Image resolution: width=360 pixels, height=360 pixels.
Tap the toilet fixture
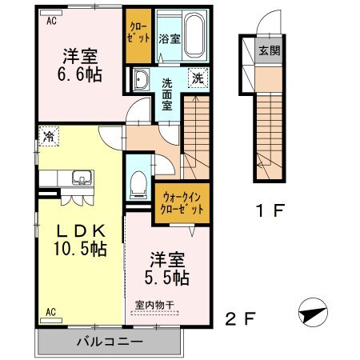tap(138, 185)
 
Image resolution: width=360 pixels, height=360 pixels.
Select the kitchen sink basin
tap(82, 178)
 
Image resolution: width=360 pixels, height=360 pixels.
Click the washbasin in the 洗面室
tap(141, 79)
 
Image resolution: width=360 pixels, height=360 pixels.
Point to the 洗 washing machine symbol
tap(198, 78)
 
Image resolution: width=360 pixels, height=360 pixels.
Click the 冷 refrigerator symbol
tap(49, 136)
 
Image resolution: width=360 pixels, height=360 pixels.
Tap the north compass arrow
tap(313, 313)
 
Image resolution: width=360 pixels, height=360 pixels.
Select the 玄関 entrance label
tap(270, 50)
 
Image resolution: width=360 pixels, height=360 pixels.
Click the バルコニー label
tap(110, 342)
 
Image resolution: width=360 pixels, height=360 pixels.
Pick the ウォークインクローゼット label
tap(182, 203)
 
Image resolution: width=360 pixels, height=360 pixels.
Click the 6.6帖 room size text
tap(80, 74)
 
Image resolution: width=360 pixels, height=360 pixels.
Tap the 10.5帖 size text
tap(80, 249)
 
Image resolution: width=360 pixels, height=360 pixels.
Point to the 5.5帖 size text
tap(167, 278)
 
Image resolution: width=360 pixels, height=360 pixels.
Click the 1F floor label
tap(270, 210)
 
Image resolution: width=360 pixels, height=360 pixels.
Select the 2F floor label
tap(241, 318)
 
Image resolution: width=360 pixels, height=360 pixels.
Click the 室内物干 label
tap(155, 305)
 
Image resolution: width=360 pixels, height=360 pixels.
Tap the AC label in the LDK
tap(50, 311)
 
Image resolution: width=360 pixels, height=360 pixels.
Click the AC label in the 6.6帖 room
tap(51, 21)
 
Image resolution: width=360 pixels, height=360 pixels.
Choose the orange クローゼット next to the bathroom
tap(138, 36)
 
